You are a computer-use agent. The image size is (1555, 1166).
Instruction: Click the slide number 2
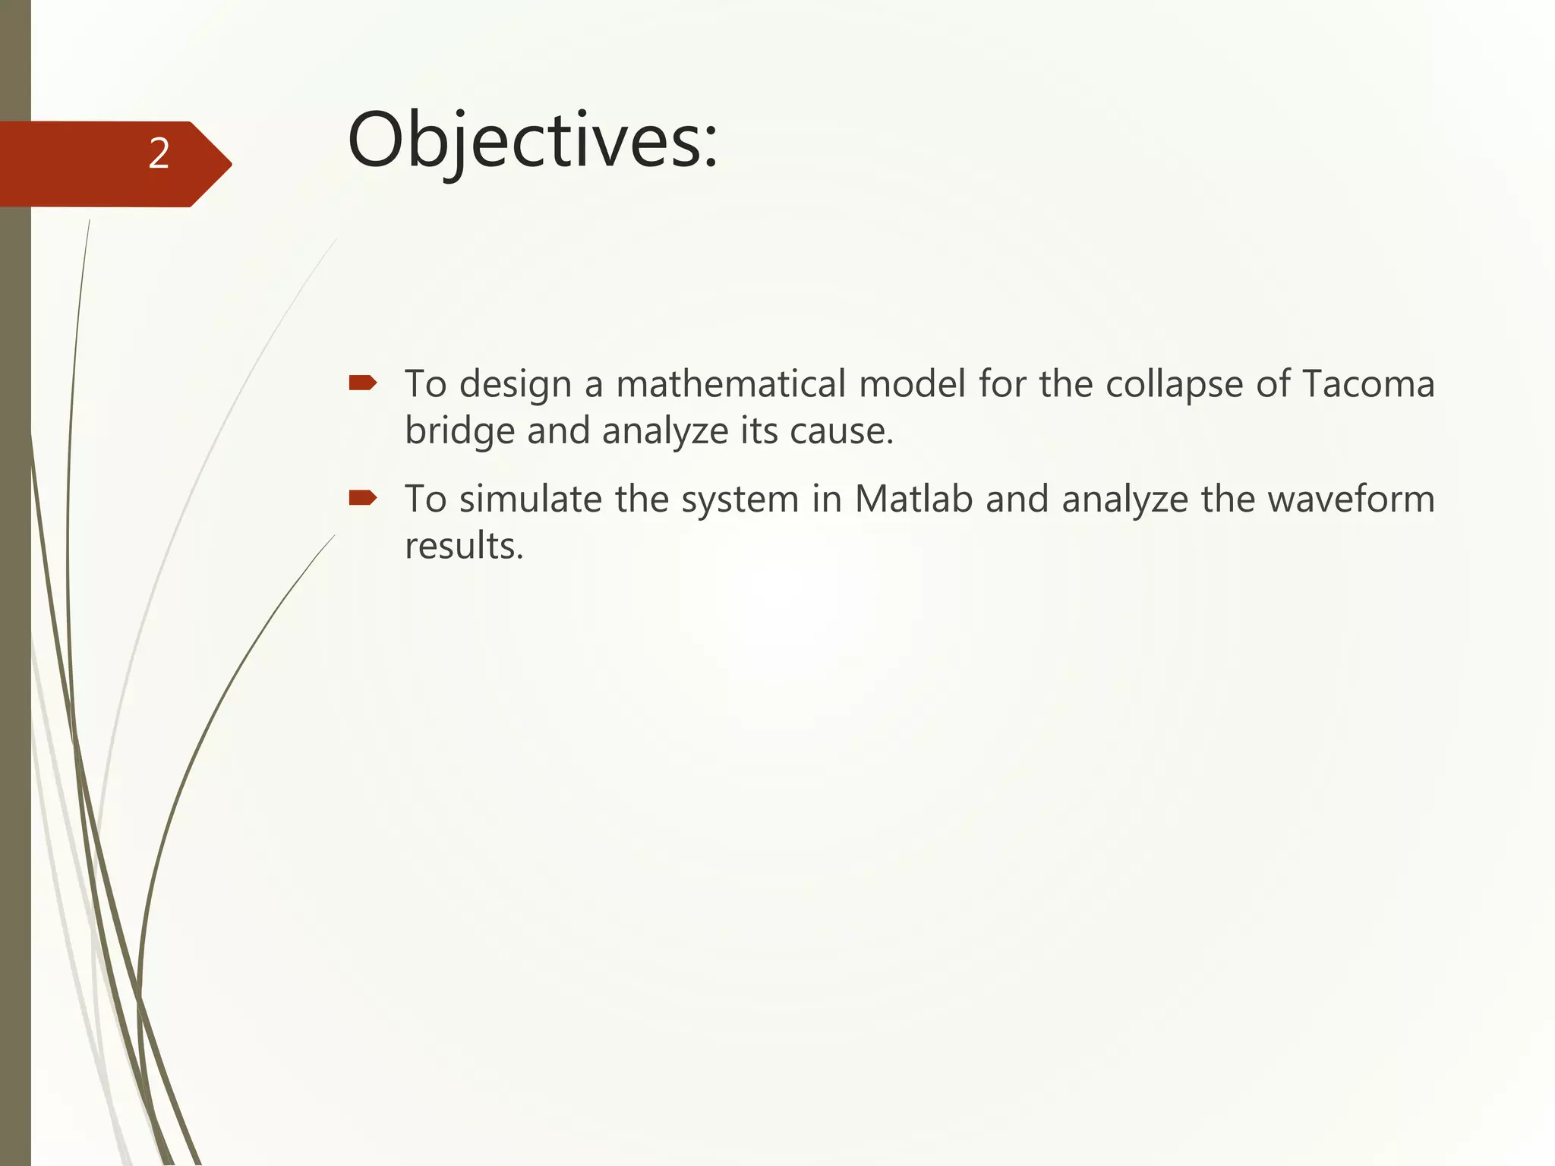pos(159,154)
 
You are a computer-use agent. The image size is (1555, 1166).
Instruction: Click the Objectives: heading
pos(531,141)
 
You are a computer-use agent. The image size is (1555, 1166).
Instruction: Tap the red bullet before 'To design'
pos(362,383)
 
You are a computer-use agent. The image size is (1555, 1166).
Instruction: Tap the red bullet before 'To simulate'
pos(362,498)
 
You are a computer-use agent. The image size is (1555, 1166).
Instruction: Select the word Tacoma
pos(1367,383)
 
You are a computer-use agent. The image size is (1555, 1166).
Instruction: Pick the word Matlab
pos(913,499)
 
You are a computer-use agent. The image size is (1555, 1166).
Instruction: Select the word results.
pos(463,546)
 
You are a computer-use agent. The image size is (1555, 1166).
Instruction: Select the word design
pos(515,385)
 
